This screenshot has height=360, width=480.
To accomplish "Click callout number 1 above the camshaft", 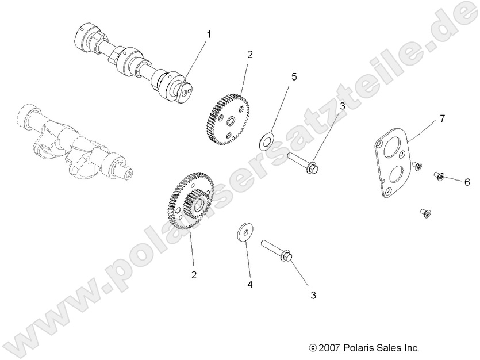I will [209, 35].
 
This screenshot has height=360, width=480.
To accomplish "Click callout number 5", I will [294, 76].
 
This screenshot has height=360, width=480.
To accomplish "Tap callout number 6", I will [467, 182].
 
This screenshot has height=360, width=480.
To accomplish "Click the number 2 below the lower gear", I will [194, 275].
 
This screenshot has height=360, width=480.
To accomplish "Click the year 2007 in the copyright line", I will [330, 348].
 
